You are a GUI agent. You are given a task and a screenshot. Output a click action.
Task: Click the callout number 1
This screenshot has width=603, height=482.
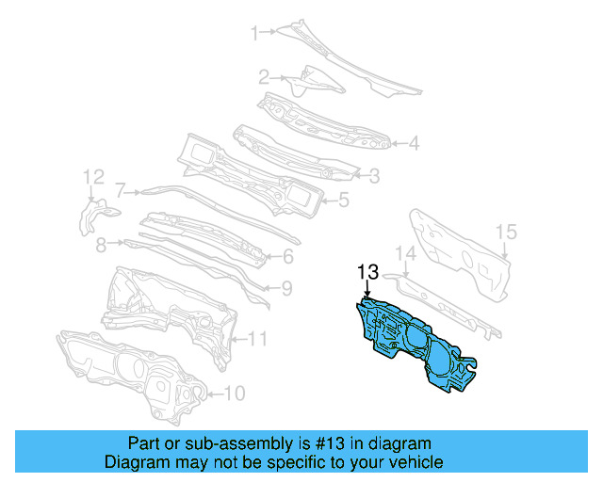click(x=253, y=34)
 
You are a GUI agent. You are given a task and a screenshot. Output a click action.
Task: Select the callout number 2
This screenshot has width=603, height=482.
click(x=265, y=77)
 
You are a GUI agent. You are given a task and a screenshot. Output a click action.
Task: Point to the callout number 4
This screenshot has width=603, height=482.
click(x=412, y=144)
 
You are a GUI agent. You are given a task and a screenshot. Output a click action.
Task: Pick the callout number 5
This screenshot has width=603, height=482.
click(x=344, y=200)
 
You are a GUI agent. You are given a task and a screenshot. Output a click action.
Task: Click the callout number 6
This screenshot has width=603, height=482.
click(x=287, y=256)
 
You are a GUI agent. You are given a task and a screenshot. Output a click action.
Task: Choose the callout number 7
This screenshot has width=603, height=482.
click(x=120, y=189)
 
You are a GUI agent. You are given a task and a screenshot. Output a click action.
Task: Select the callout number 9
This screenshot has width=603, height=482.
click(x=286, y=288)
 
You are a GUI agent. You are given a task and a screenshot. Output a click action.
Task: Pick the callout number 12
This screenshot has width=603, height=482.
click(x=92, y=177)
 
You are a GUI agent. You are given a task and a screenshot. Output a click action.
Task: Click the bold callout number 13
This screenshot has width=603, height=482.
click(x=367, y=273)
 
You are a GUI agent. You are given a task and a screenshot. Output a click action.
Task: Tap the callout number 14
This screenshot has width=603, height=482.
click(x=404, y=253)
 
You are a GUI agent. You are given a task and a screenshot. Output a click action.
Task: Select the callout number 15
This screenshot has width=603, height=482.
click(x=506, y=232)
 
